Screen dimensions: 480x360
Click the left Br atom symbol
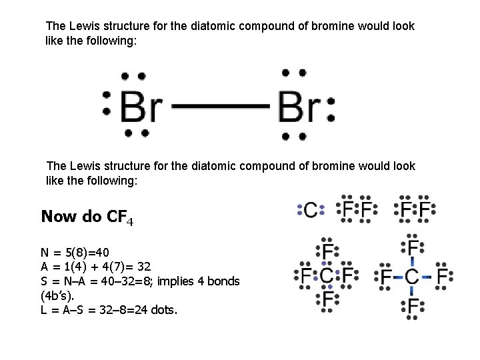(x=141, y=105)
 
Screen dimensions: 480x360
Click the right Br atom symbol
(x=299, y=105)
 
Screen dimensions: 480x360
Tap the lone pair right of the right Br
(x=331, y=107)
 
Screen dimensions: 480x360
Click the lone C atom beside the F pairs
(x=311, y=210)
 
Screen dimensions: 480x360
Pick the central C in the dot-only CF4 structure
(x=327, y=275)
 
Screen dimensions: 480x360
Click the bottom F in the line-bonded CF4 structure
(x=413, y=306)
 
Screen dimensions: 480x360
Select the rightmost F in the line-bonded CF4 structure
(x=443, y=275)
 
